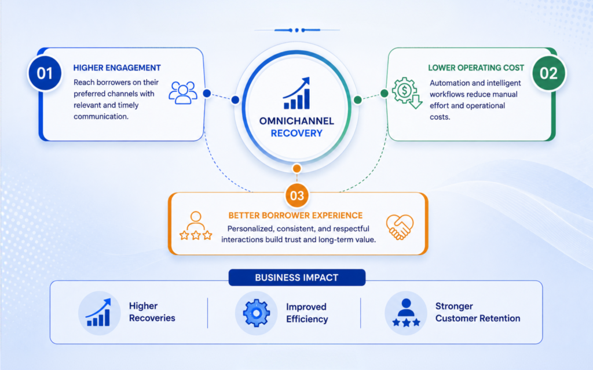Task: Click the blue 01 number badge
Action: (x=45, y=73)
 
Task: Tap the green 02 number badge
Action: (x=548, y=73)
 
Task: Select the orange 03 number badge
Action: (x=297, y=195)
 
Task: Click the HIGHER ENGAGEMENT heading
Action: (x=117, y=68)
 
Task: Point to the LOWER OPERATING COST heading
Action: (x=476, y=68)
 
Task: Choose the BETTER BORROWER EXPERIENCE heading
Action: (x=295, y=216)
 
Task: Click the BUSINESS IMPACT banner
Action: (x=297, y=277)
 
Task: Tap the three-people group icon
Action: (x=183, y=92)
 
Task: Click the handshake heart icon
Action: (x=400, y=227)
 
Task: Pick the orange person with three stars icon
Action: (x=196, y=226)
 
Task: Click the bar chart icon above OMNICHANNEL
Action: (x=297, y=93)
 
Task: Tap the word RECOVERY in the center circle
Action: (x=296, y=134)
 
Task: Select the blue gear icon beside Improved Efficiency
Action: (x=257, y=313)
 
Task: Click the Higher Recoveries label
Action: (x=152, y=312)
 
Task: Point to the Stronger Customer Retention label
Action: (x=478, y=312)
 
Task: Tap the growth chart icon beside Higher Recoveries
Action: (x=98, y=313)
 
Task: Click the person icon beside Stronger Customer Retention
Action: (x=406, y=312)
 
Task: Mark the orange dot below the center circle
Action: (x=297, y=168)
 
